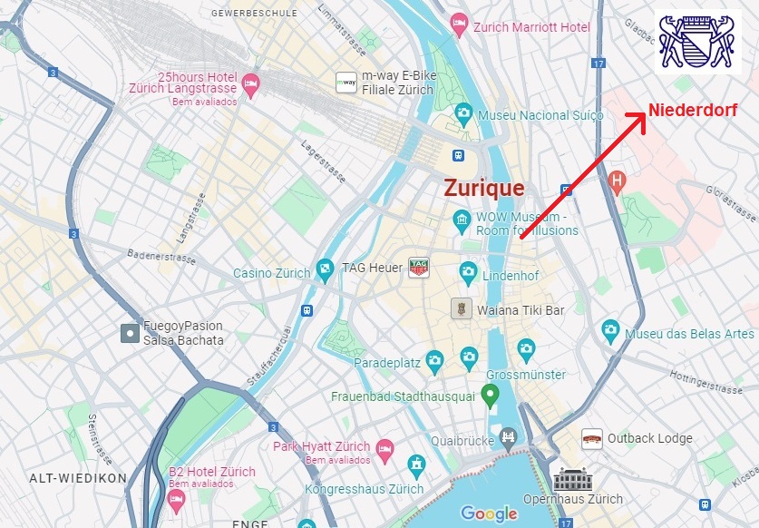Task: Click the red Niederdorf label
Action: (692, 110)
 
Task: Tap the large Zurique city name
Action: (483, 188)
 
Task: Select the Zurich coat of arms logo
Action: (698, 42)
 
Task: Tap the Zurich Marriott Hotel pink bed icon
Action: (460, 23)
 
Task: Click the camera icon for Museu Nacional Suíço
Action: (464, 115)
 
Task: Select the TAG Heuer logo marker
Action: (418, 268)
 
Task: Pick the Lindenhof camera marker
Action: (468, 269)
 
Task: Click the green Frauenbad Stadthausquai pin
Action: (490, 395)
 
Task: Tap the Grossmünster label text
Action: (526, 375)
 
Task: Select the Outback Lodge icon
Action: (592, 438)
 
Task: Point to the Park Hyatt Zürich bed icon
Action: (385, 449)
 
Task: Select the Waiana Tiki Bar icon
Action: (461, 308)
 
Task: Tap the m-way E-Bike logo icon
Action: (346, 82)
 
